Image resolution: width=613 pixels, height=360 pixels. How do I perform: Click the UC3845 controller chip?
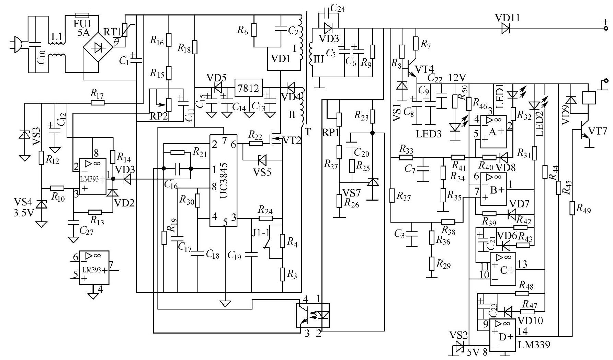(x=224, y=181)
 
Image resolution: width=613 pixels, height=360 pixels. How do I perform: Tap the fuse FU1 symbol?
(x=82, y=15)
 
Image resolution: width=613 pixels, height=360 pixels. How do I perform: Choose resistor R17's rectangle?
(x=98, y=102)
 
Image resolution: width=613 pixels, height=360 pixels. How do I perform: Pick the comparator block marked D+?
(x=502, y=335)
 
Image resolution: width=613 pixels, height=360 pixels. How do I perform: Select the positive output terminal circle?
(x=606, y=29)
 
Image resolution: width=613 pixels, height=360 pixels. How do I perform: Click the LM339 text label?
(x=534, y=345)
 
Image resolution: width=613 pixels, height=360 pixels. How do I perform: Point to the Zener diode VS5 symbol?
(x=263, y=160)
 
